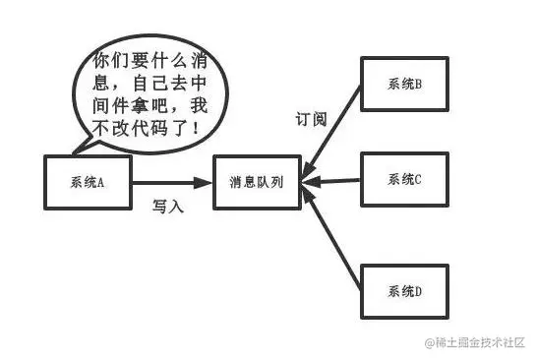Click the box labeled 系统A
89,182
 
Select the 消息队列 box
258,182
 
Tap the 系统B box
404,85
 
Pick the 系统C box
404,180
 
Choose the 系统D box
404,291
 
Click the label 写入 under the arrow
167,206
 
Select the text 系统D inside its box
404,291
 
